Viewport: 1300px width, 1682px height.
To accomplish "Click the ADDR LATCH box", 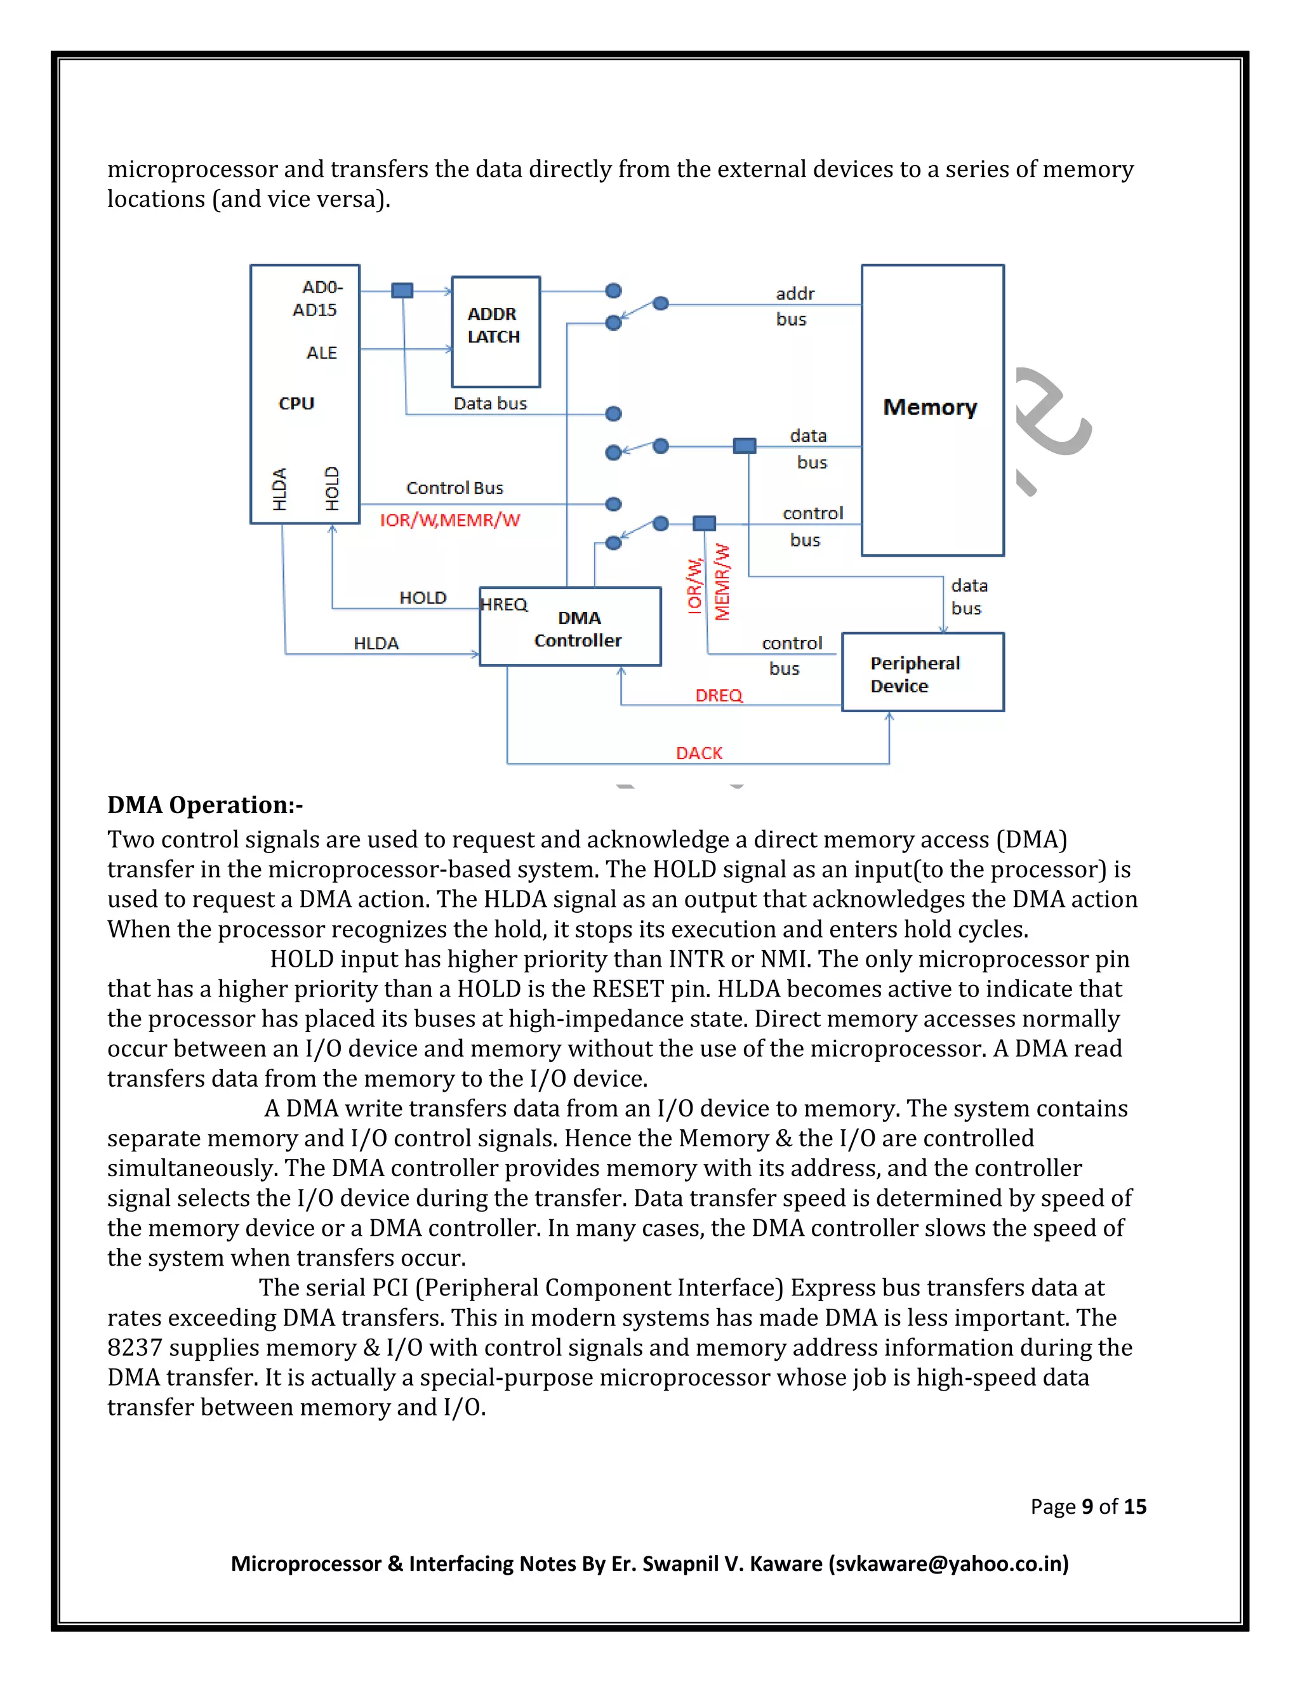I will coord(494,331).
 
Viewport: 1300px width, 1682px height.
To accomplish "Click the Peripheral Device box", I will coord(922,673).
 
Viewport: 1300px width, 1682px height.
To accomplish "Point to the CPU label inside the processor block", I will coord(296,404).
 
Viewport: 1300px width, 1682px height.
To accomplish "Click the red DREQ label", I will coord(719,696).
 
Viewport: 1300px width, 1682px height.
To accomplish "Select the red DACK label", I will coord(698,753).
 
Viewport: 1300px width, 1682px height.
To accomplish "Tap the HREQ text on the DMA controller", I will coord(503,604).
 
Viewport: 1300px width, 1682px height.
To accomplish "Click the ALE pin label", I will coord(321,353).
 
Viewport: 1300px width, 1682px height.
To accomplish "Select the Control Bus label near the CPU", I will coord(454,488).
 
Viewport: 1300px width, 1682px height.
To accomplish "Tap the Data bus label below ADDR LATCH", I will coord(490,404).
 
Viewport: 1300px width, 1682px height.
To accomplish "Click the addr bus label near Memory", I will coord(793,306).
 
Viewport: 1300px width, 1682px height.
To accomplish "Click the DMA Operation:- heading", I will coord(205,805).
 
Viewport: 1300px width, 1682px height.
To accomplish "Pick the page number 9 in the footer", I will coord(1087,1506).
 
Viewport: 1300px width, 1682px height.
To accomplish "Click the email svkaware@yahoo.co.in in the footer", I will coord(948,1563).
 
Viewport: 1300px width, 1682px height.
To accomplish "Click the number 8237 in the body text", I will coord(134,1348).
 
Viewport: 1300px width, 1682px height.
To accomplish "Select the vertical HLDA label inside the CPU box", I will coord(279,489).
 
